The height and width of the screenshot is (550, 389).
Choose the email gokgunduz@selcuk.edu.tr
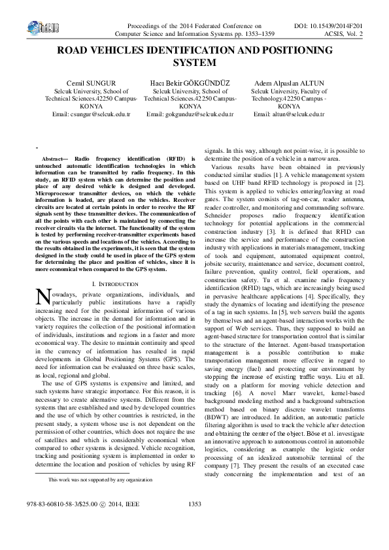pyautogui.click(x=190, y=114)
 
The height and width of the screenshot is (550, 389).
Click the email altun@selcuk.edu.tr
pyautogui.click(x=288, y=114)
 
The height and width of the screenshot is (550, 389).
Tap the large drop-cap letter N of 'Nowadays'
pyautogui.click(x=42, y=299)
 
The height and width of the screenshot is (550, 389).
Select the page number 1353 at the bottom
pyautogui.click(x=194, y=522)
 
